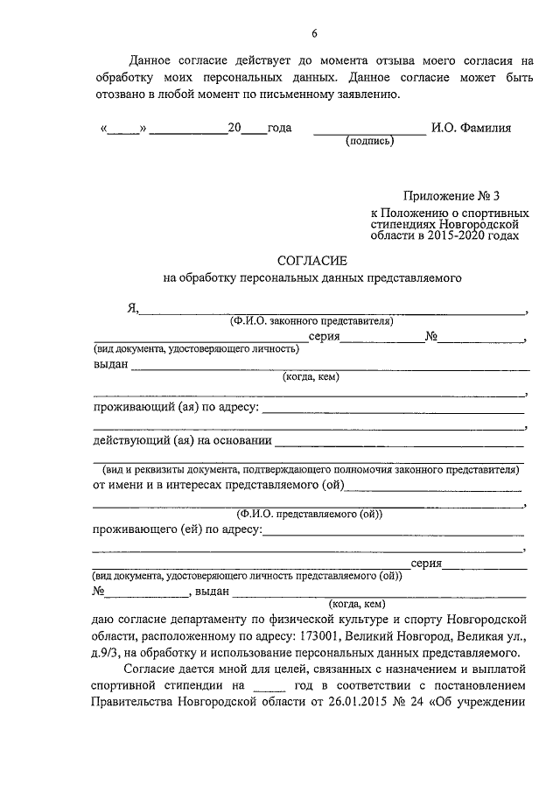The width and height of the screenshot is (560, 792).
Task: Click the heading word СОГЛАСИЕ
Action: pos(312,261)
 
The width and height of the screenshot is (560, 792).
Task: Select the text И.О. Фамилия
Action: pos(471,128)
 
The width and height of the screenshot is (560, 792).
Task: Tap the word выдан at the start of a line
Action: pos(110,365)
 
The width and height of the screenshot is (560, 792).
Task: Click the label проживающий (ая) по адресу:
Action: pos(175,407)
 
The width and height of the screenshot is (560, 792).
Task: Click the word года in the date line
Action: pos(279,128)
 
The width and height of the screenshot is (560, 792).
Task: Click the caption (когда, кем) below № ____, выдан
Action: pos(356,603)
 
